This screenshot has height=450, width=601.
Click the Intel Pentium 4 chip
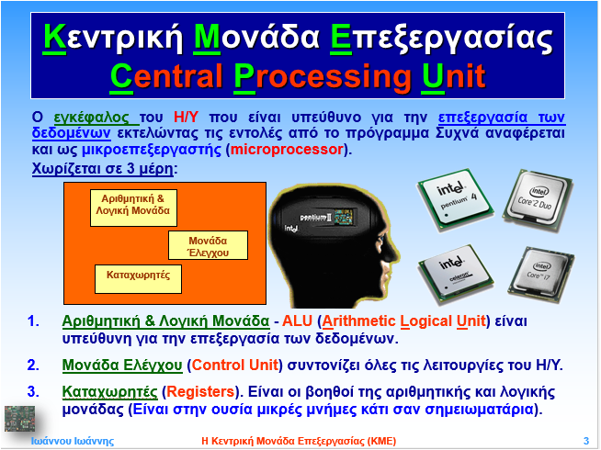(x=455, y=199)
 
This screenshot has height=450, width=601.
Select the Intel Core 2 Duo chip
(x=538, y=200)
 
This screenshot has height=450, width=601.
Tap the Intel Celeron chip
(x=456, y=274)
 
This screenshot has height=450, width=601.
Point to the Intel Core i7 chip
(x=540, y=275)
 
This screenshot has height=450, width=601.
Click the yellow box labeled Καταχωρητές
(x=138, y=279)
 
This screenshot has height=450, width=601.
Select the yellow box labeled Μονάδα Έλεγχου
(x=208, y=245)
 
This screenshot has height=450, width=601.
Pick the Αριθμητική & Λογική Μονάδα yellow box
(x=133, y=208)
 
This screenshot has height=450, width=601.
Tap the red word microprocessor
(x=287, y=150)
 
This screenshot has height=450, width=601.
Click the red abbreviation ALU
(x=297, y=321)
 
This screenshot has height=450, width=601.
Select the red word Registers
(x=200, y=392)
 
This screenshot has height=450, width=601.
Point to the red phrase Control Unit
(x=235, y=365)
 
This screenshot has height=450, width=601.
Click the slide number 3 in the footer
(x=586, y=441)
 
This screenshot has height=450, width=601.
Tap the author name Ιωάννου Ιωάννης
(x=73, y=441)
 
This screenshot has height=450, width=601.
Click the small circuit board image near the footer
(x=19, y=419)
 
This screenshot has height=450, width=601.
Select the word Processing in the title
(x=323, y=76)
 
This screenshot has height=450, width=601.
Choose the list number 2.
(x=33, y=365)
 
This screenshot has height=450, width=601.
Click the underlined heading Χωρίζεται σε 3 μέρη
(x=103, y=168)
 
